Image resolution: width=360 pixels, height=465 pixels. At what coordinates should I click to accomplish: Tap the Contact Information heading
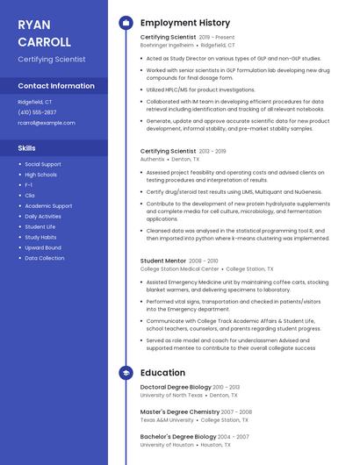(x=56, y=86)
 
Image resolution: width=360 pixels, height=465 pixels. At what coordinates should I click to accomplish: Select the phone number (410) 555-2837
(x=37, y=112)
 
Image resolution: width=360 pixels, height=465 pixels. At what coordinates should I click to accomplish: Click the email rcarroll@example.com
(x=47, y=123)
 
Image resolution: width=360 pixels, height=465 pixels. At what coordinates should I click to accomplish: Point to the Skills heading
(x=27, y=148)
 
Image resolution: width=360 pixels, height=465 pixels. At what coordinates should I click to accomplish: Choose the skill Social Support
(x=43, y=164)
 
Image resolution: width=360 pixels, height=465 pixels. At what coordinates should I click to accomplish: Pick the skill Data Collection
(x=44, y=258)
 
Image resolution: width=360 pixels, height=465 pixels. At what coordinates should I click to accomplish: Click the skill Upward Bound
(x=43, y=247)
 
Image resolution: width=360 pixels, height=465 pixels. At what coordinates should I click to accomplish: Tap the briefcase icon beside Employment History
(x=126, y=23)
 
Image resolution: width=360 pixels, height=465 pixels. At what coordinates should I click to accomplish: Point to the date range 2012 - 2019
(x=212, y=151)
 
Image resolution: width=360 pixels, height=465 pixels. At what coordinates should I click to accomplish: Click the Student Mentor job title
(x=163, y=261)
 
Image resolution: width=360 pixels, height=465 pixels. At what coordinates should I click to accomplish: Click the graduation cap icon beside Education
(x=126, y=372)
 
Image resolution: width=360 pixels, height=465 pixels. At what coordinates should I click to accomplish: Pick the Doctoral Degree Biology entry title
(x=176, y=387)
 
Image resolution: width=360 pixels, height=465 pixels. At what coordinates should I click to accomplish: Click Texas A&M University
(x=168, y=419)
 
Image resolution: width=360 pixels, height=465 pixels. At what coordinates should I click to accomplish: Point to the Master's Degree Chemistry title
(x=180, y=411)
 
